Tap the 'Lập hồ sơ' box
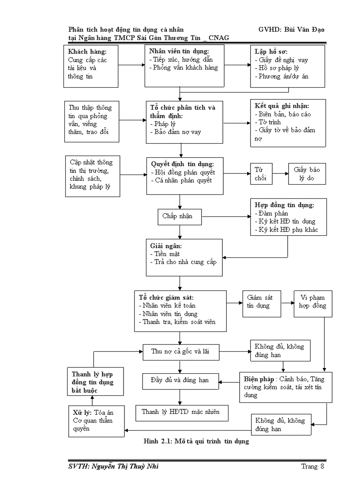[287, 66]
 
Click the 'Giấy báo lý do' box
[307, 174]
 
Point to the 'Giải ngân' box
[184, 257]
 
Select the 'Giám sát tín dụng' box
[261, 303]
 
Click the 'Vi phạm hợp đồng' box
[313, 303]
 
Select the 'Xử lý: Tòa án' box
[96, 421]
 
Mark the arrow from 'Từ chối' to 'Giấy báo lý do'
[280, 174]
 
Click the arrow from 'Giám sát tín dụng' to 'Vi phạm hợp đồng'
[287, 303]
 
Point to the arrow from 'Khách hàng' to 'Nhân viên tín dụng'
[132, 65]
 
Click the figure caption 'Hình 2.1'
[196, 441]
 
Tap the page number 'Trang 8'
[313, 466]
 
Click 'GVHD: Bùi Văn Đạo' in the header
[292, 30]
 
